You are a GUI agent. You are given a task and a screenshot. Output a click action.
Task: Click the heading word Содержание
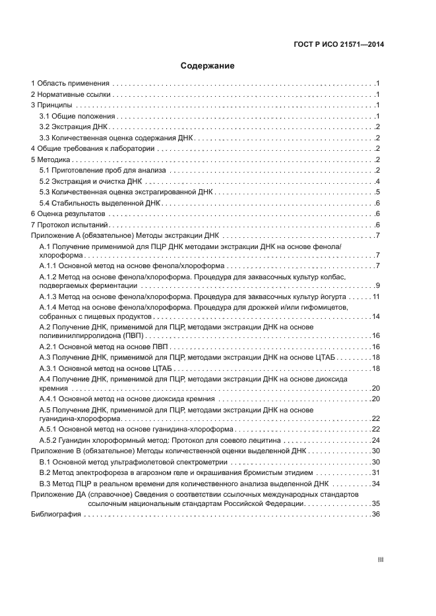pos(207,66)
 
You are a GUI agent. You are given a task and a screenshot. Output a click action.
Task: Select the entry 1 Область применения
pos(70,84)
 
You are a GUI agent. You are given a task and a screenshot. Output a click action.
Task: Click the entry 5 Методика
pos(50,159)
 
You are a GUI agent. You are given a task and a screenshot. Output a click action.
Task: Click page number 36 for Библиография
pos(377,515)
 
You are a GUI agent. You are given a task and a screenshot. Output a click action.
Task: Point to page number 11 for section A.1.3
pos(377,297)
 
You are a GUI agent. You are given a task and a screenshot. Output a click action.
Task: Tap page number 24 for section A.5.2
pos(377,440)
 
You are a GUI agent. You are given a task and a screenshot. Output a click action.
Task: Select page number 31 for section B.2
pos(377,472)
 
